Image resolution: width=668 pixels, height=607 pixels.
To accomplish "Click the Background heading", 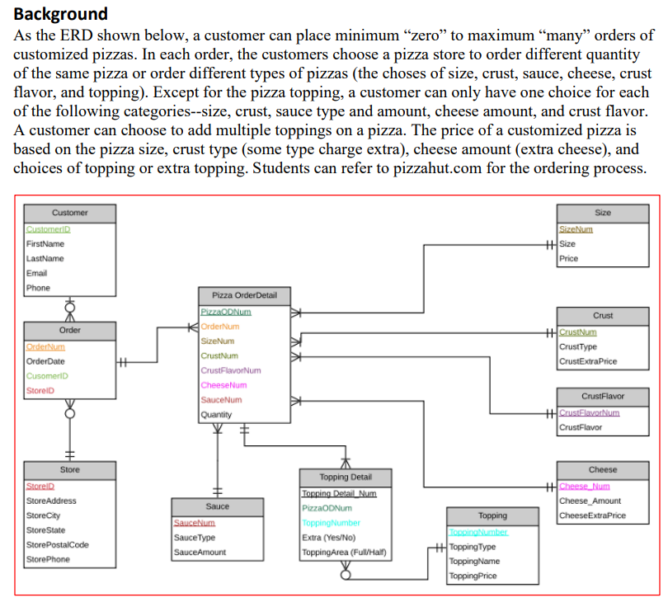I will (x=61, y=13).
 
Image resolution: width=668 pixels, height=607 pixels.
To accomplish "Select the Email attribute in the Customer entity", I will (x=37, y=273).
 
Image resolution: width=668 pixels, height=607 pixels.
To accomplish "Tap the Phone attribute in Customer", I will (x=38, y=288).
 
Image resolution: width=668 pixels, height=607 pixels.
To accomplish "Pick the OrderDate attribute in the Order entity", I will (x=46, y=360).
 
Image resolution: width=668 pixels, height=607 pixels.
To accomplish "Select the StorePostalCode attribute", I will (x=58, y=544).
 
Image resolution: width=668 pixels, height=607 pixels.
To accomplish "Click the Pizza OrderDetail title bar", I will (x=244, y=295).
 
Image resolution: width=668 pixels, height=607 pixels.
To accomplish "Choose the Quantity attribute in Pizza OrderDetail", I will (x=217, y=414).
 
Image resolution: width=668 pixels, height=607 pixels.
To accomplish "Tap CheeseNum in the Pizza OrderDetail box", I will (x=222, y=384).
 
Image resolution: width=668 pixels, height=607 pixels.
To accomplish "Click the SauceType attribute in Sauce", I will (x=195, y=537).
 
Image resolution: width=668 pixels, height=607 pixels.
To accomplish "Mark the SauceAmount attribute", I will (x=199, y=552).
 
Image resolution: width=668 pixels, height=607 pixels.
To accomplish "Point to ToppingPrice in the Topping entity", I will (x=473, y=576).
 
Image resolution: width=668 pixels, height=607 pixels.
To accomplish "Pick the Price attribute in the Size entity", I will (x=568, y=258).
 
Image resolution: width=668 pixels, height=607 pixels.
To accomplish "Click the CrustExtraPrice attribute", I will (x=587, y=361).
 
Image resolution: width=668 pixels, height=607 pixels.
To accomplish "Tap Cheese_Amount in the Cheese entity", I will (x=590, y=501).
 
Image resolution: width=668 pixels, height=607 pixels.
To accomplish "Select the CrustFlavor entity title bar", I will (x=602, y=396).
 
